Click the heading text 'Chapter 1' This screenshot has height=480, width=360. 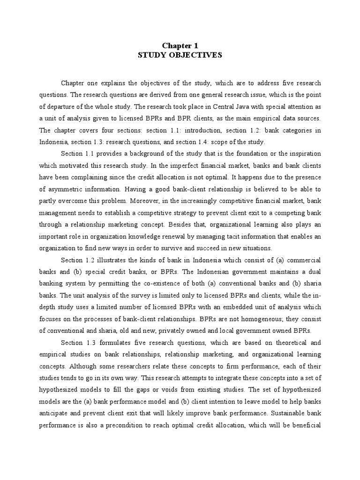tap(180, 45)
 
